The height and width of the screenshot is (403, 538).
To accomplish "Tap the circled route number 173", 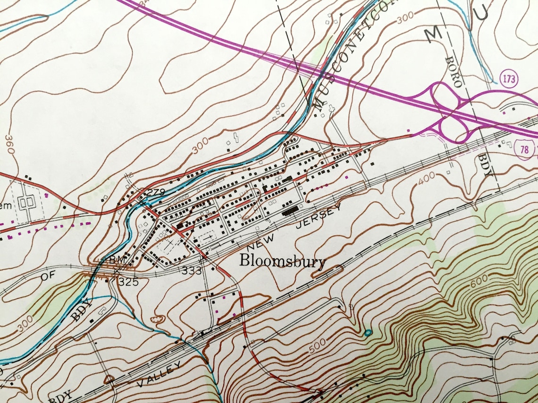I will [509, 78].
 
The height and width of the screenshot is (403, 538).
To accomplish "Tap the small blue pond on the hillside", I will [368, 333].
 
